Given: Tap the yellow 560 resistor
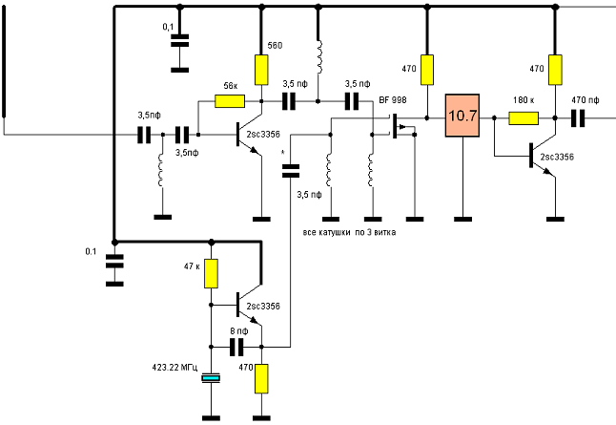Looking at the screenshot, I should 260,69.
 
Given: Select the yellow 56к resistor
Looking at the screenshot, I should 231,100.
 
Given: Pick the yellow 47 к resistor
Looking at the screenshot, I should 211,274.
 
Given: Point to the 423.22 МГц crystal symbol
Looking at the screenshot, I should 211,379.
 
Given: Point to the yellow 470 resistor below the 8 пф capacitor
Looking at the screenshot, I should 260,378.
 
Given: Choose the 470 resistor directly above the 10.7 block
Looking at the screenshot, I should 427,69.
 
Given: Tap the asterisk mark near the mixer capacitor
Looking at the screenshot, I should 283,151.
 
